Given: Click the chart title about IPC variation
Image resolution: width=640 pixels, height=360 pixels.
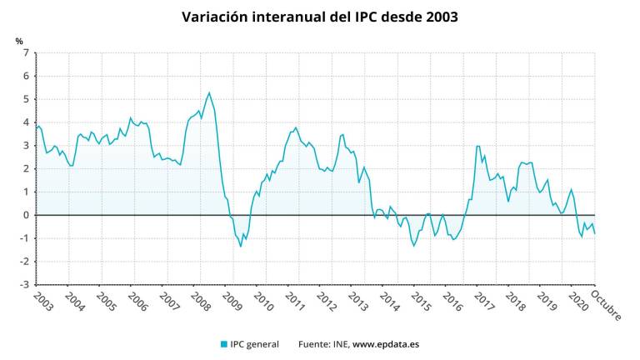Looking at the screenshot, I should pos(320,17).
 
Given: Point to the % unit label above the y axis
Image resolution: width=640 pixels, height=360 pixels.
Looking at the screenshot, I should pos(19,41).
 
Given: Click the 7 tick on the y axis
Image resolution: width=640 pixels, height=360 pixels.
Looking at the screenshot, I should pos(26,53).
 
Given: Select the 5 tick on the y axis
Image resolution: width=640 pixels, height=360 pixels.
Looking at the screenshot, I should pos(26,99).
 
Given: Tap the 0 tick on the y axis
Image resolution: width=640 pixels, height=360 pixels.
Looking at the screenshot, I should pos(26,215).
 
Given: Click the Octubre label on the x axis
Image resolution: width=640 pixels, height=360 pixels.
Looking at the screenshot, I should pos(607,305).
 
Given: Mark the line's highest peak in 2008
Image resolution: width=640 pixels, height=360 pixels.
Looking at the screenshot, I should pos(209,92).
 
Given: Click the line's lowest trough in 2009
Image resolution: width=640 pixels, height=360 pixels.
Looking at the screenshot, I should pos(241,246).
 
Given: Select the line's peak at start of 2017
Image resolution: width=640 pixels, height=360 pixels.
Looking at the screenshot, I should pos(477,146).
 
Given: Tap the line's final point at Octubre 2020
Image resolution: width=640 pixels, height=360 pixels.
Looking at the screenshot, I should pos(594,233).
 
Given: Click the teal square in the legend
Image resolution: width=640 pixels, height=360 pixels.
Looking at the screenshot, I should pos(224,344).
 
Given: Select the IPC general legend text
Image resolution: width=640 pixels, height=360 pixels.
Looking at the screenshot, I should pos(256,344).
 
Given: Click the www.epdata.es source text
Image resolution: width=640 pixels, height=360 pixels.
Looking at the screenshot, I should pos(385,344).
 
